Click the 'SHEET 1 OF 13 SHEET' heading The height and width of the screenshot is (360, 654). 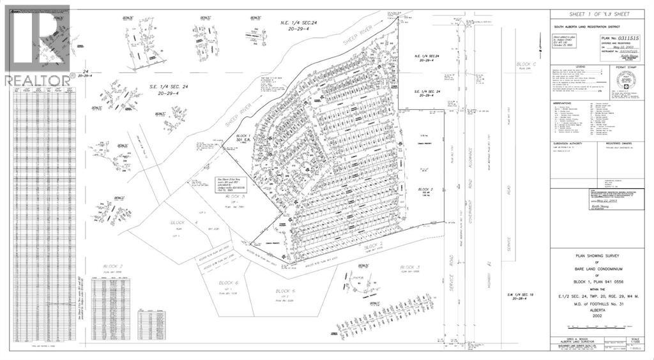599,14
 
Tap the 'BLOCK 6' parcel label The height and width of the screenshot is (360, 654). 227,283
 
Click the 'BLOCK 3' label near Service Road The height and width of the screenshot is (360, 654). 409,267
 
